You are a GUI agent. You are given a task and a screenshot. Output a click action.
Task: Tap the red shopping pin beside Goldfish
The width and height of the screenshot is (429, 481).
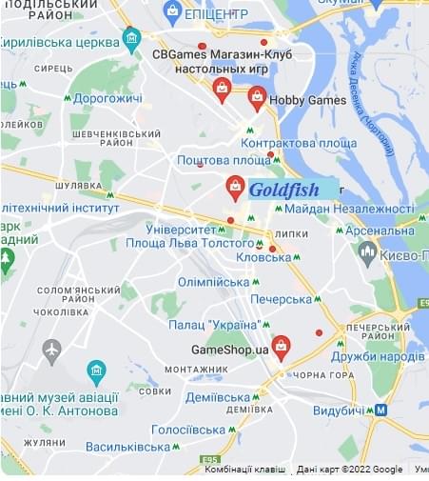click(235, 188)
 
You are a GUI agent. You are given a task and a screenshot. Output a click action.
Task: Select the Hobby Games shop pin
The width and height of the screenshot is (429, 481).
click(257, 97)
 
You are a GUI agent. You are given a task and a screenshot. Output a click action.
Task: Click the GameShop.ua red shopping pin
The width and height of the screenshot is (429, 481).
click(280, 347)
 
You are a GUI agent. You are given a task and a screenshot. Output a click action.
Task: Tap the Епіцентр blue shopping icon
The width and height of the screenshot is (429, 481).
click(172, 12)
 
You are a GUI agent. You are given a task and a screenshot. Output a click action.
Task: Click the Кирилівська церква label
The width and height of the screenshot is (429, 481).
click(58, 42)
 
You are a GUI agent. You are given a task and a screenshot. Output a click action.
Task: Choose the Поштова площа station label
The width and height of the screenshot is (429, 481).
click(224, 160)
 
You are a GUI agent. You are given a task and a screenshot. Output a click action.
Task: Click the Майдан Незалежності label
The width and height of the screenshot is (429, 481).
click(348, 209)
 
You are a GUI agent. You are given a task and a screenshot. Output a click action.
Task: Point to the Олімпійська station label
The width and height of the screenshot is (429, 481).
click(213, 282)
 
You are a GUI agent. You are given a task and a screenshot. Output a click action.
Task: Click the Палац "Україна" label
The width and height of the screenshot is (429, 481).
click(214, 325)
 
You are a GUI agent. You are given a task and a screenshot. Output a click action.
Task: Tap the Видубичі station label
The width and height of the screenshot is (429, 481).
click(339, 410)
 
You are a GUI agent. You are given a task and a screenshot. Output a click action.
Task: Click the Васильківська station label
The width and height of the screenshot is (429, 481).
click(127, 446)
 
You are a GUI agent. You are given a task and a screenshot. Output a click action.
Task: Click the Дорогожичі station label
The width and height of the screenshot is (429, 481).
click(107, 98)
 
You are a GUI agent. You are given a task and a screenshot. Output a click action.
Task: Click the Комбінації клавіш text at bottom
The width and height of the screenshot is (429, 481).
click(244, 470)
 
